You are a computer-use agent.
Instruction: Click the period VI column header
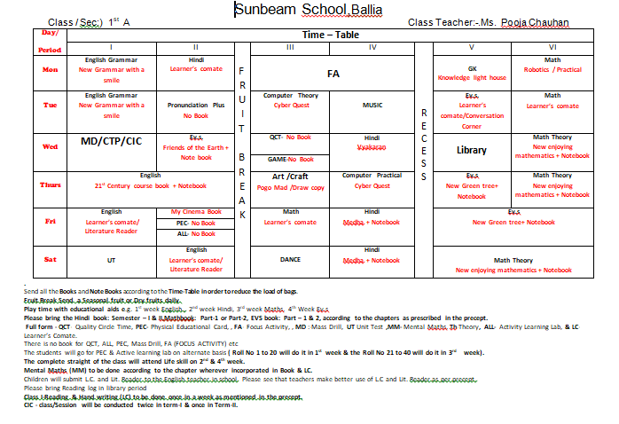click(552, 47)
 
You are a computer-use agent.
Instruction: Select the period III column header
click(290, 47)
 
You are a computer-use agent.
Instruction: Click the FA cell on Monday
click(333, 74)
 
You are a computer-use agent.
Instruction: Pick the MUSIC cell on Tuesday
click(373, 105)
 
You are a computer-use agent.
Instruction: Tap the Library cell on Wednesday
click(472, 150)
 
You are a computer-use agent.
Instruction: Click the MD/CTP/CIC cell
click(111, 141)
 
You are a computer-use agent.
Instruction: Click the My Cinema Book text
click(197, 212)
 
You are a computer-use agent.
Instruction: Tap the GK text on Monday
click(472, 68)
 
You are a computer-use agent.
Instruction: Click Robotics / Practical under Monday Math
click(552, 68)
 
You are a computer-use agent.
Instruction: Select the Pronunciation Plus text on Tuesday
click(196, 105)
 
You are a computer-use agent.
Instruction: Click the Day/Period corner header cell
click(50, 39)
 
